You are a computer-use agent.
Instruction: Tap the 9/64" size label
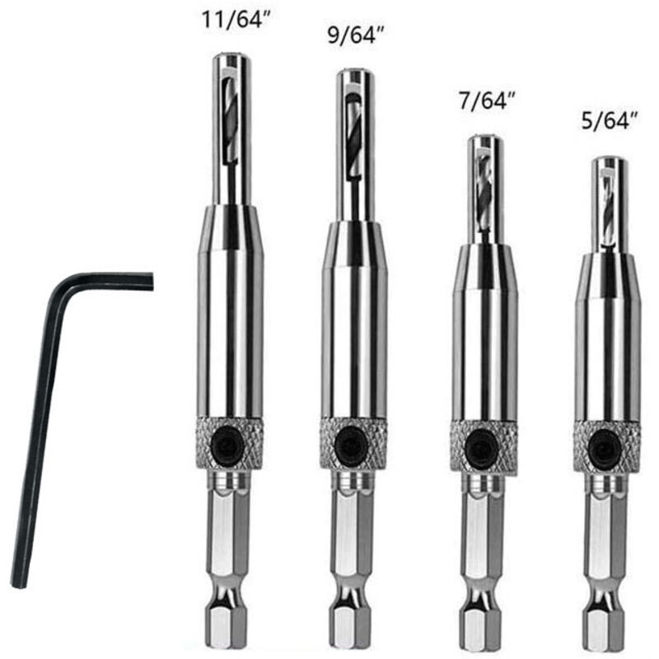click(356, 35)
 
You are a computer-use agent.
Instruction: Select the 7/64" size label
click(487, 100)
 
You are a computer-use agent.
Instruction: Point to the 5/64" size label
click(610, 121)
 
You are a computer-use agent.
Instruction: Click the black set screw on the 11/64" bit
click(228, 442)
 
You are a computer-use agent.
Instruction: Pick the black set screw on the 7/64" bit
click(481, 446)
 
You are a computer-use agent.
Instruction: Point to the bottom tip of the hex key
click(19, 585)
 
